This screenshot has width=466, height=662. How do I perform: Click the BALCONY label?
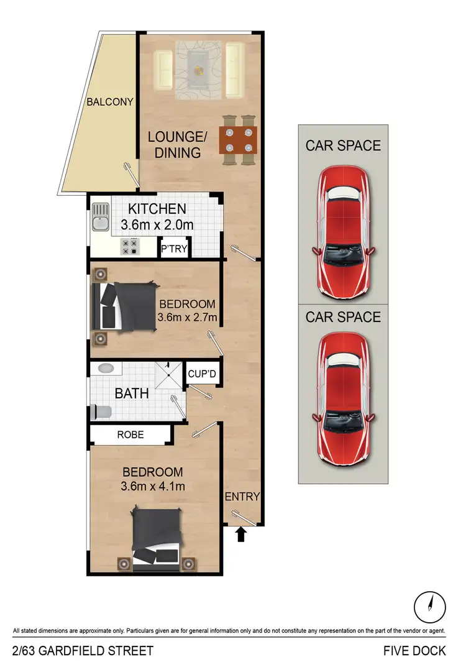point(110,102)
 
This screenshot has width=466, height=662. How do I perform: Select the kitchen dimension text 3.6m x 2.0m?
point(157,224)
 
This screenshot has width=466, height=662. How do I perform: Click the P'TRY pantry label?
point(173,250)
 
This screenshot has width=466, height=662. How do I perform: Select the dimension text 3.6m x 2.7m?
point(188,319)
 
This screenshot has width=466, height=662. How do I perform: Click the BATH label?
point(131,393)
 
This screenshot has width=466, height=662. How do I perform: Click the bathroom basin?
point(107,368)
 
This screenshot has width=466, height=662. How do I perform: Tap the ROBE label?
point(130,434)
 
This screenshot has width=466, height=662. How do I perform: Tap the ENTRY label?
point(242,497)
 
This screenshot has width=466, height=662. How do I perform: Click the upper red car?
point(343,231)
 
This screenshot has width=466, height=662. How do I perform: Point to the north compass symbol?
point(429,603)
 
